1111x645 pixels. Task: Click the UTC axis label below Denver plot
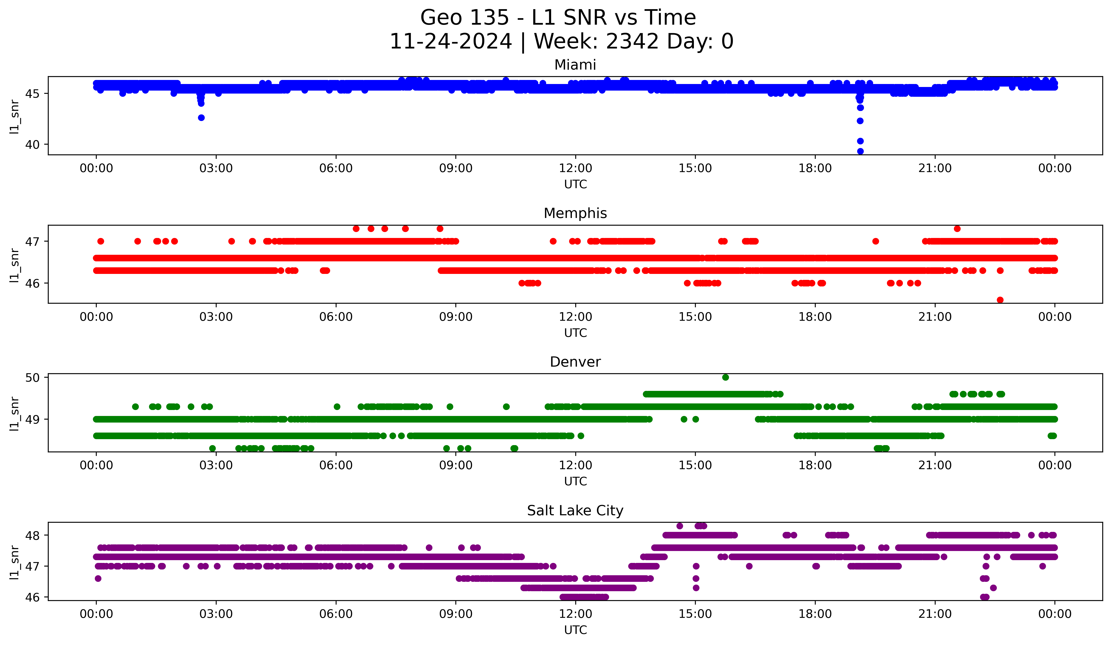click(575, 481)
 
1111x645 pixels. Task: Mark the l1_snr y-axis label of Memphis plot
click(14, 265)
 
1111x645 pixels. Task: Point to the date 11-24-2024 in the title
click(450, 41)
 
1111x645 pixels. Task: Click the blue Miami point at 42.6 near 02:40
click(201, 118)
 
